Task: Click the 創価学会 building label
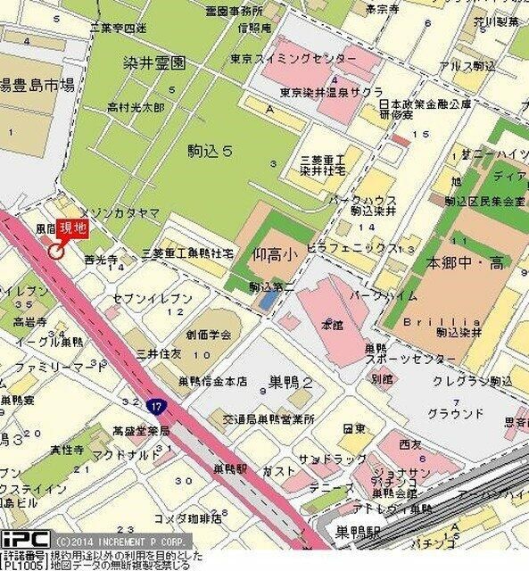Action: [208, 335]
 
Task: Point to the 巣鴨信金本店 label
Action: [212, 382]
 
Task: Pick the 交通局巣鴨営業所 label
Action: [256, 418]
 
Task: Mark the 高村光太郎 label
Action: [136, 107]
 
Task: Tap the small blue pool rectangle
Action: [267, 301]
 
